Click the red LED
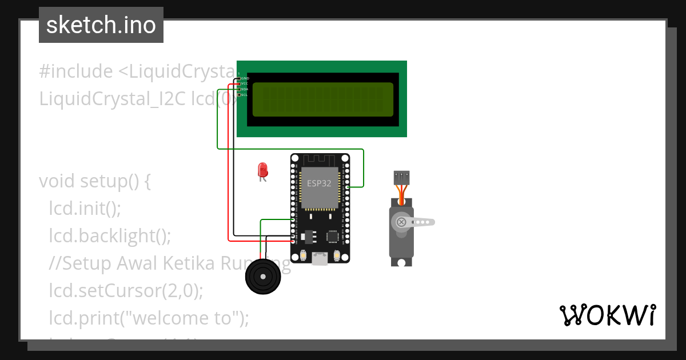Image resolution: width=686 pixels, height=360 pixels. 262,170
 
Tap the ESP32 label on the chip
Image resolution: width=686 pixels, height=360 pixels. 319,183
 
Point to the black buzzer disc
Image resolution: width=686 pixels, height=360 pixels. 263,277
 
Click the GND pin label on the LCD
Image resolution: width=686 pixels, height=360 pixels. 245,78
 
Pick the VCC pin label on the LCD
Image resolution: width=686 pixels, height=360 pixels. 244,83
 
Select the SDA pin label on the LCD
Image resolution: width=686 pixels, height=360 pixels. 244,89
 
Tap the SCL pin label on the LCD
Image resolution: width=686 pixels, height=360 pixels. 244,95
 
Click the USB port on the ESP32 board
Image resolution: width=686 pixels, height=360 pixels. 320,260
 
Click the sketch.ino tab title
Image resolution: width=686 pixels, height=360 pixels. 101,25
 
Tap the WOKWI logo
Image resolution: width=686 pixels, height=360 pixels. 607,315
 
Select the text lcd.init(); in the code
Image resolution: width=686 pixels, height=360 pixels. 85,209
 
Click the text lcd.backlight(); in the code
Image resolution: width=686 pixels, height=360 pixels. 110,235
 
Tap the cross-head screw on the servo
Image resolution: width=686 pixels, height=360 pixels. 401,222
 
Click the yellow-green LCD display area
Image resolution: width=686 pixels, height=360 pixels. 322,100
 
